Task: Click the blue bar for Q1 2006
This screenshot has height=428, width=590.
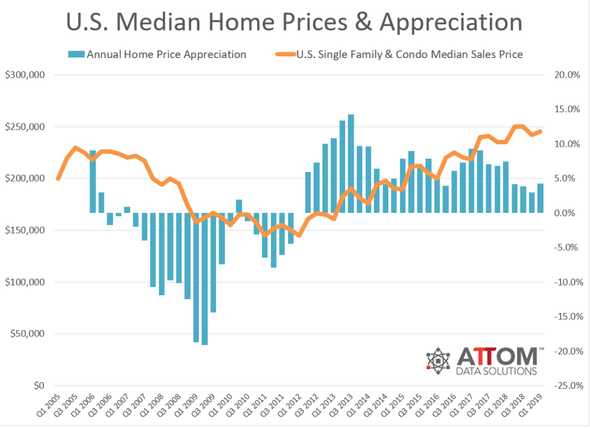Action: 93,181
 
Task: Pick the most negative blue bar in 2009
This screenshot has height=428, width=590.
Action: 205,278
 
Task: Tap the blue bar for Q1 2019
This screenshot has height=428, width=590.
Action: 540,198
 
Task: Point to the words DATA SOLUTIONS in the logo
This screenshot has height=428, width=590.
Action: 496,370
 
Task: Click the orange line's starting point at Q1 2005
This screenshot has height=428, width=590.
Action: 58,179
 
